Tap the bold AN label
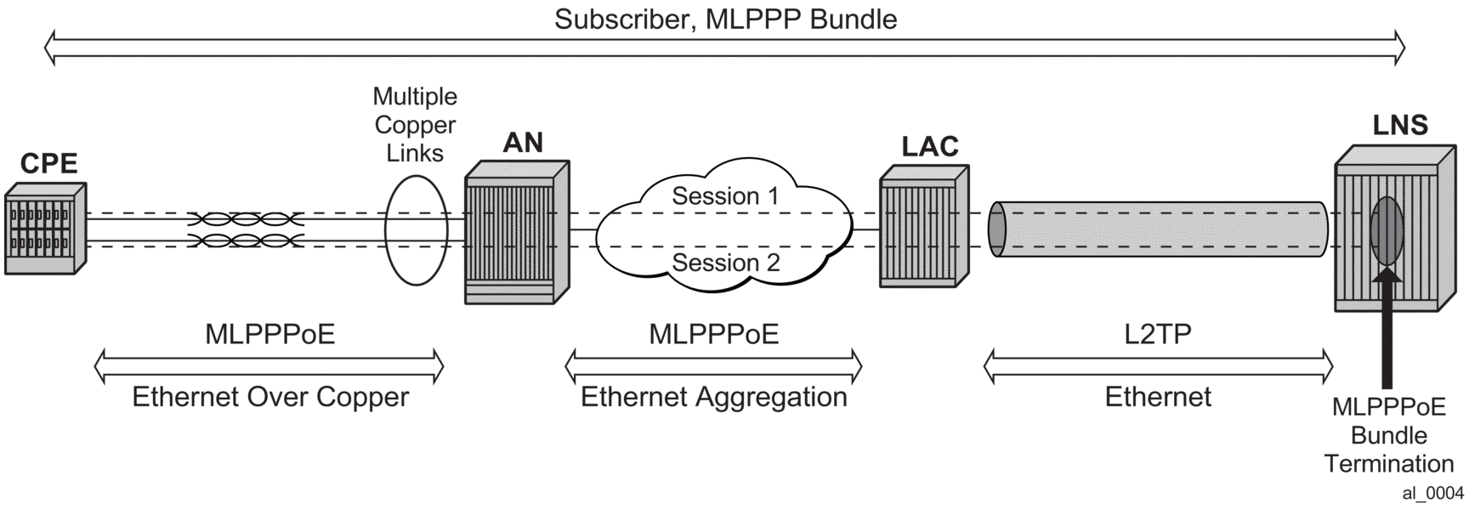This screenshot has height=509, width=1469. tap(523, 142)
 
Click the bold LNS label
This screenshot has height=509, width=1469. tap(1400, 125)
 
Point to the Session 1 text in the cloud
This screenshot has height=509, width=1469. tap(725, 195)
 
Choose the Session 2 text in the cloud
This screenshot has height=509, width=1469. tap(725, 263)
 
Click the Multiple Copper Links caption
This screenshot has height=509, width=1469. tap(415, 125)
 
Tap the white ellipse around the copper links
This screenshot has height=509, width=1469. tap(416, 230)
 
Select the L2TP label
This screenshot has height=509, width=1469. tap(1158, 334)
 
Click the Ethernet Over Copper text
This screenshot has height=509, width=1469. tap(270, 397)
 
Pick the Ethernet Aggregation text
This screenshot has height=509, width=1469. tap(714, 397)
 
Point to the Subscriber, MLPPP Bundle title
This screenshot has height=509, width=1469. tap(725, 19)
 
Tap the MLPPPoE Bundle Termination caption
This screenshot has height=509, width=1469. tap(1388, 435)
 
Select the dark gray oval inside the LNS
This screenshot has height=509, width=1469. tap(1387, 230)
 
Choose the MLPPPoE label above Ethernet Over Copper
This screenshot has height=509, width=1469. tap(270, 334)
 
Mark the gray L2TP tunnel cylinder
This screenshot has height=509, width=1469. tap(1158, 229)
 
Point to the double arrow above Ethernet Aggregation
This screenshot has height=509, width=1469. tap(714, 367)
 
